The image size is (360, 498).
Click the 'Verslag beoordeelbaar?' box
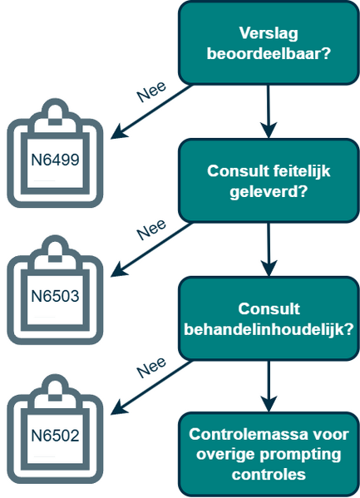pos(269,44)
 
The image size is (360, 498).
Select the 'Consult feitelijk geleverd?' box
pos(269,181)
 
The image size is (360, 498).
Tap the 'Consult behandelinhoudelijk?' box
pos(269,318)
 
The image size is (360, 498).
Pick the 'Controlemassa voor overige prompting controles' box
pos(269,454)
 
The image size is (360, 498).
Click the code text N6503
pos(55,295)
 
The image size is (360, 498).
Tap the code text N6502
pos(55,434)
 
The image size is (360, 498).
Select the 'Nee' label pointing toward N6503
pos(151,228)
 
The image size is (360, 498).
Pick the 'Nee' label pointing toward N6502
pos(151,366)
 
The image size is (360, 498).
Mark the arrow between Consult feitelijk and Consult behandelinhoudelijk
pos(269,249)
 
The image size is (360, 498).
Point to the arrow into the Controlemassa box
pos(269,386)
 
